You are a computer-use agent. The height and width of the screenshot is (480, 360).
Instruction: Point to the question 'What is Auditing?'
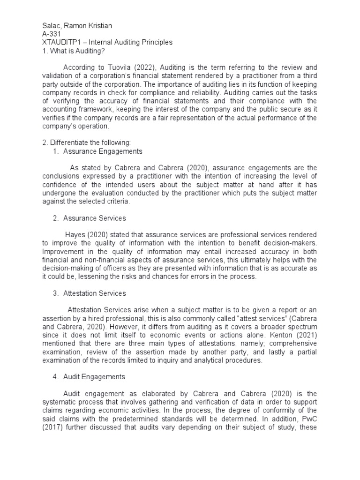coord(73,51)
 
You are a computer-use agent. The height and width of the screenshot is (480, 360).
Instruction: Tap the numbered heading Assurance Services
coord(94,218)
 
